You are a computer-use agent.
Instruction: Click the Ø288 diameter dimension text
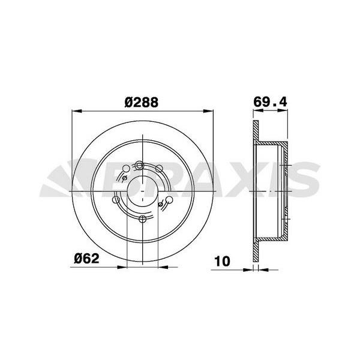click(142, 102)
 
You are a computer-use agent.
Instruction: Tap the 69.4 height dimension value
click(267, 102)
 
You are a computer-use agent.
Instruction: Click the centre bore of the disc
click(142, 191)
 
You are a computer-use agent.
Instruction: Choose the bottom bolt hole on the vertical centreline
click(142, 218)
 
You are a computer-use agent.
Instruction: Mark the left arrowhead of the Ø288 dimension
click(75, 111)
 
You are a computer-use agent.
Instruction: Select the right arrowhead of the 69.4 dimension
click(291, 111)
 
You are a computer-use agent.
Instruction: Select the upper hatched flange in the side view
click(256, 132)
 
